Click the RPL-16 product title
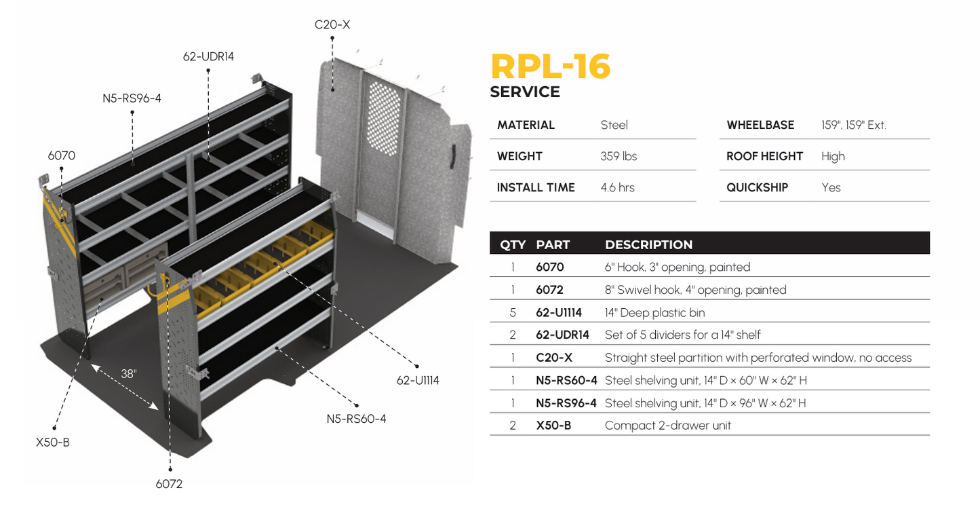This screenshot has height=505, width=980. (x=550, y=67)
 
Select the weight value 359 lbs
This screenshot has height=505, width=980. (x=619, y=156)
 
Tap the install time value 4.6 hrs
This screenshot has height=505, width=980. (x=617, y=187)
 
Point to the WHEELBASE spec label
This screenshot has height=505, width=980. (x=760, y=125)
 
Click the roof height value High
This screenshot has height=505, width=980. (x=833, y=156)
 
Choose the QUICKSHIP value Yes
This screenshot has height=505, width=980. (x=831, y=187)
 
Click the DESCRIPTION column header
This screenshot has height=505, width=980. (x=648, y=244)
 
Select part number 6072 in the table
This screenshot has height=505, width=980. (x=549, y=290)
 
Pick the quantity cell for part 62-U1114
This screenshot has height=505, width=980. (x=513, y=312)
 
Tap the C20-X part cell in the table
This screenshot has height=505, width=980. (x=553, y=358)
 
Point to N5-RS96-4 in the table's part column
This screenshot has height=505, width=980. (x=566, y=403)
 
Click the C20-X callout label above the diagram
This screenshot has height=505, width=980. (x=332, y=25)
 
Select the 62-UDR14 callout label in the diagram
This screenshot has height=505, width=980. (x=208, y=56)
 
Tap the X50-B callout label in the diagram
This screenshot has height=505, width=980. (x=53, y=443)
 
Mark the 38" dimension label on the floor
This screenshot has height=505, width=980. (x=129, y=373)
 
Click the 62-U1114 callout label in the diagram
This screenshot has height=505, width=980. (x=418, y=380)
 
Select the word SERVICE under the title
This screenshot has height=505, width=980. (x=525, y=92)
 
